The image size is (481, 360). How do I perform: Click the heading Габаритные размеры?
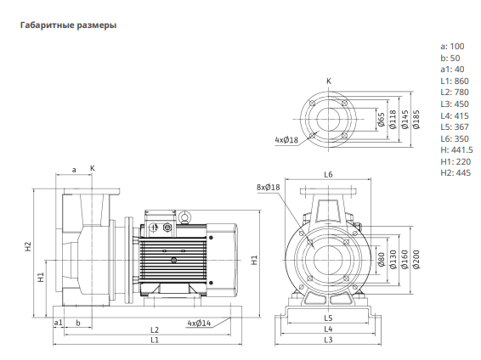(68, 25)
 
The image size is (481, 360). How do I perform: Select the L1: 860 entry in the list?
(455, 82)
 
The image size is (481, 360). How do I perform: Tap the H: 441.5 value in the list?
(456, 150)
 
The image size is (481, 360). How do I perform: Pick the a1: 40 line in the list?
(452, 70)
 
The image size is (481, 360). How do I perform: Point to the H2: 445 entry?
(456, 173)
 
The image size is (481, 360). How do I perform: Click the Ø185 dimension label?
(416, 120)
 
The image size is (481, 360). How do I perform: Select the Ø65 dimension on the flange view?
(382, 120)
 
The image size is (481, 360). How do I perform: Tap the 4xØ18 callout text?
(286, 140)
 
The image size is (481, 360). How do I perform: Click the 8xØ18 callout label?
(269, 187)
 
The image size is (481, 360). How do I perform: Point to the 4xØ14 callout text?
(200, 323)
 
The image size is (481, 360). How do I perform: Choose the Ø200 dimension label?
(416, 260)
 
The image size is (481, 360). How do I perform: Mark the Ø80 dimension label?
(382, 260)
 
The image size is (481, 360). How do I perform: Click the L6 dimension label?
(328, 175)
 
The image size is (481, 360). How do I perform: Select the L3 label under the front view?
(328, 340)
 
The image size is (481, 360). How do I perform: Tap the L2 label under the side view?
(155, 330)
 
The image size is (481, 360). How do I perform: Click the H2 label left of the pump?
(28, 246)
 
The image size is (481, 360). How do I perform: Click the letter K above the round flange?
(329, 82)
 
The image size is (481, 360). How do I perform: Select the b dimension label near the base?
(78, 323)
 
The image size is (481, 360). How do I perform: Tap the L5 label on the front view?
(328, 318)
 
